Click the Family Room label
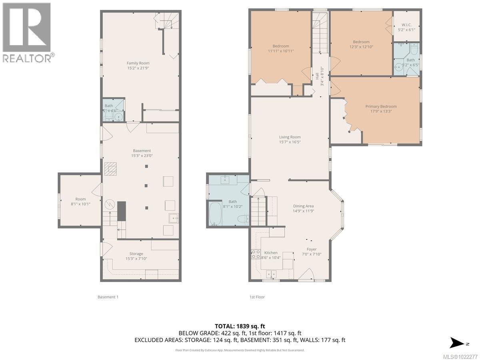point(138,63)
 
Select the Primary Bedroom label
point(381,106)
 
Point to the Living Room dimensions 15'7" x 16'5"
point(290,142)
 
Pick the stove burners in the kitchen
point(255,254)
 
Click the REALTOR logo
point(27,32)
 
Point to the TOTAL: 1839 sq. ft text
point(240,325)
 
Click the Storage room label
point(136,254)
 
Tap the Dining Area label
point(303,206)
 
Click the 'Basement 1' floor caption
point(108,297)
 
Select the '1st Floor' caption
point(256,297)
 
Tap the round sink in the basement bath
point(118,117)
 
